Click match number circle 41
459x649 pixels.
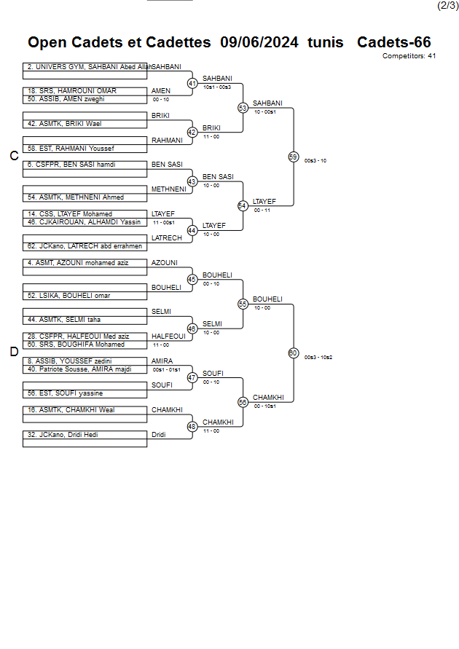(192, 83)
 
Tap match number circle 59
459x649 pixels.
(293, 157)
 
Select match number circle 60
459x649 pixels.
(293, 353)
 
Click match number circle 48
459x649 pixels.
(192, 427)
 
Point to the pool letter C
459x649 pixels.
(14, 156)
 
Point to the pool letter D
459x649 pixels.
(14, 353)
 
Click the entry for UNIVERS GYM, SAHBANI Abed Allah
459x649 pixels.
(85, 66)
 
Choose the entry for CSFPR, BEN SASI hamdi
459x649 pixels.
(71, 165)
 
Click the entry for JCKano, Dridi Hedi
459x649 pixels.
(63, 435)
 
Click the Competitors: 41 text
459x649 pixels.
(409, 55)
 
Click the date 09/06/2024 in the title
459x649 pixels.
(259, 42)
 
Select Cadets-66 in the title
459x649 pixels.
(393, 42)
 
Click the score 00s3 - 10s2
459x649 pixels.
(318, 357)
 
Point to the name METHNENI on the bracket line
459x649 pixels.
(168, 189)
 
